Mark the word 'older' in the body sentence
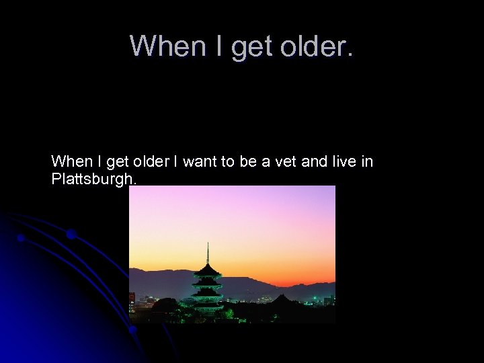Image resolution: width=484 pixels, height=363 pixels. pos(149,162)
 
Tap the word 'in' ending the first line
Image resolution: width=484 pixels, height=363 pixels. pos(367,162)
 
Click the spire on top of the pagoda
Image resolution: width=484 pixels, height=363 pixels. pos(208,252)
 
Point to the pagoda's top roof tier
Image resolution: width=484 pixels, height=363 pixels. pos(207,271)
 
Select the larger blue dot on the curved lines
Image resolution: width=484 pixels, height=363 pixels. pos(71,234)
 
